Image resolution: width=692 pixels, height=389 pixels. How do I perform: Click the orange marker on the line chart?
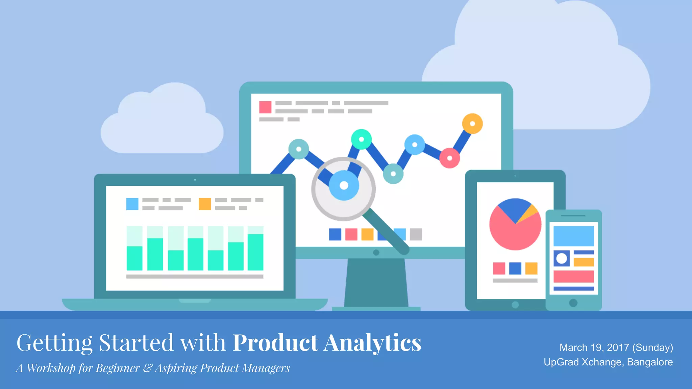click(472, 124)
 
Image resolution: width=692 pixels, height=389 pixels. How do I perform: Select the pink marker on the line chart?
click(449, 158)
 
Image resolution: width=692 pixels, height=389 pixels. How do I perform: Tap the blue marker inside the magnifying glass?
click(344, 185)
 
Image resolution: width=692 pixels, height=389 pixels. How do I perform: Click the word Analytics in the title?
click(372, 343)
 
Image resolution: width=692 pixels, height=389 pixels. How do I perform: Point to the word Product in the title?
click(275, 343)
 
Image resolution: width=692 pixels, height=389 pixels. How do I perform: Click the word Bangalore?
click(650, 362)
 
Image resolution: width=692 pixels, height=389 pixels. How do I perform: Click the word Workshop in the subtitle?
click(51, 368)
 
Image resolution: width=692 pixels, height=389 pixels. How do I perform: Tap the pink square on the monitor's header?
click(265, 107)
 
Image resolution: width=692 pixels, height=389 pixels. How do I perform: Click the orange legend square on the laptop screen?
click(205, 204)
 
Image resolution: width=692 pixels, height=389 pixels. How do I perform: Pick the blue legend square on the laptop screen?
click(132, 204)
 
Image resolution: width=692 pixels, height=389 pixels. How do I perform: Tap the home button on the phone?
click(573, 303)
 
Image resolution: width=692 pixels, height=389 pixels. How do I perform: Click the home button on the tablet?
click(515, 305)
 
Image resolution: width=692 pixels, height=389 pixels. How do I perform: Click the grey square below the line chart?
click(416, 234)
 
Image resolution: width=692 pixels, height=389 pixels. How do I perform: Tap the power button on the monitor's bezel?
click(376, 253)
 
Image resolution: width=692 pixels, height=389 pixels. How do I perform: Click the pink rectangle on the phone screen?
click(573, 277)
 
